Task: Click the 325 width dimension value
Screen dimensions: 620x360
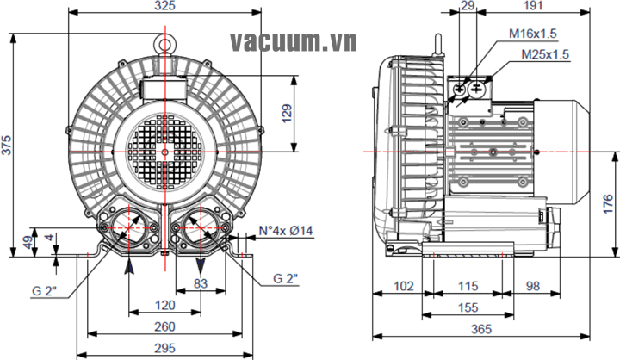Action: pyautogui.click(x=164, y=5)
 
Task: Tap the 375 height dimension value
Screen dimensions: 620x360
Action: pyautogui.click(x=6, y=145)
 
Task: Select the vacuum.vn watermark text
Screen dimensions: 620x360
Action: pyautogui.click(x=294, y=41)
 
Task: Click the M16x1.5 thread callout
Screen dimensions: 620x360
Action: pyautogui.click(x=533, y=34)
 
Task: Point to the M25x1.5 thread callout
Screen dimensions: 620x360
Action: pyautogui.click(x=545, y=54)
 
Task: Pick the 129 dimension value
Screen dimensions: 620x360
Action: pyautogui.click(x=287, y=113)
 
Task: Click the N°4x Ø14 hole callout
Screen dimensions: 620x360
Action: pyautogui.click(x=286, y=230)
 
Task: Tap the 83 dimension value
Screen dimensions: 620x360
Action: pyautogui.click(x=201, y=283)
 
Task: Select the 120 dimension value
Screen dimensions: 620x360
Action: pyautogui.click(x=164, y=305)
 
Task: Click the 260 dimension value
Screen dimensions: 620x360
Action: pyautogui.click(x=164, y=326)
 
